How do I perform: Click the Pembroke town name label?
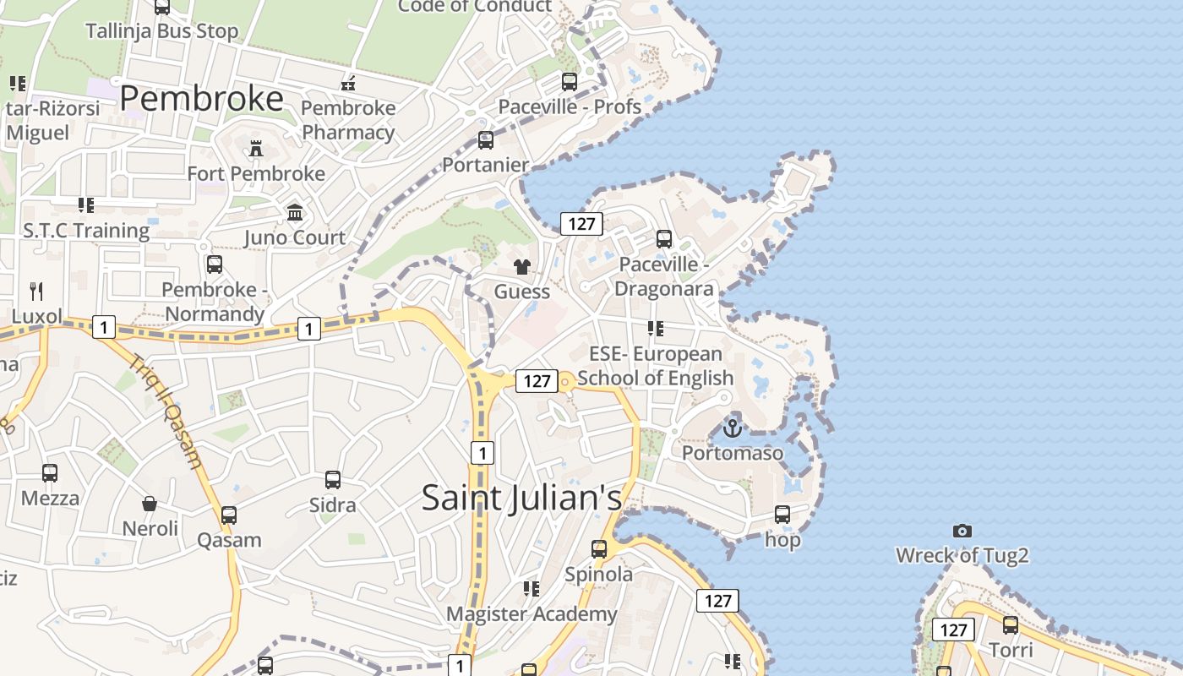[201, 99]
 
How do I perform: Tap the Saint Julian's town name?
[522, 497]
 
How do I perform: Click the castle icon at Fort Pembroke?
[256, 150]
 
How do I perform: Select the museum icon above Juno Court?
[295, 212]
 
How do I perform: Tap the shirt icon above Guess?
[522, 267]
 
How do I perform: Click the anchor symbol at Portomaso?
[733, 428]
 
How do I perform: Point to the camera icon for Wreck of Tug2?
[962, 531]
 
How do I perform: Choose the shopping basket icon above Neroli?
[150, 504]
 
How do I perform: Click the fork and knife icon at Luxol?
[36, 292]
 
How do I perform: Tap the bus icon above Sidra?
[333, 480]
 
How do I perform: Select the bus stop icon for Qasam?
[229, 515]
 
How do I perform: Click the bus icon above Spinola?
[599, 549]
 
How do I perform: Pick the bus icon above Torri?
[1011, 625]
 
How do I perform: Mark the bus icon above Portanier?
[486, 140]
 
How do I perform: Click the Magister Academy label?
[532, 613]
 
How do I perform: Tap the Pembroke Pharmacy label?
[348, 120]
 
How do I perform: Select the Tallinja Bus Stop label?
[162, 31]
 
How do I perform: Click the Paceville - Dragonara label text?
[664, 276]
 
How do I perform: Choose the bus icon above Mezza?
[50, 473]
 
